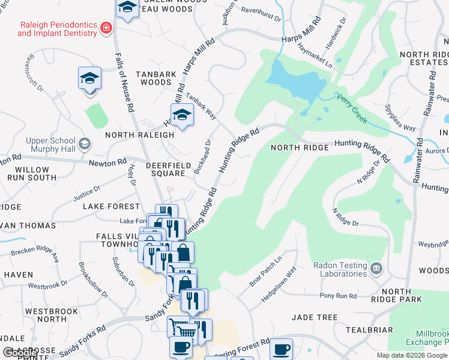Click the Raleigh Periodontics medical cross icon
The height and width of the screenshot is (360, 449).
click(x=106, y=28)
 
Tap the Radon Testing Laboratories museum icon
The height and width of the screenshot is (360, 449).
click(x=376, y=267)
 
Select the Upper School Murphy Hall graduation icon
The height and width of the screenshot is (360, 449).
click(x=85, y=143)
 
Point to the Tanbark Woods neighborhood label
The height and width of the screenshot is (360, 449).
click(x=156, y=78)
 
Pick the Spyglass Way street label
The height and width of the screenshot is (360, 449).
click(x=400, y=119)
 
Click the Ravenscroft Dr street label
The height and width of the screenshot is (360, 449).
click(x=33, y=74)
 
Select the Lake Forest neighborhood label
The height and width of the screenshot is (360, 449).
click(x=106, y=206)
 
